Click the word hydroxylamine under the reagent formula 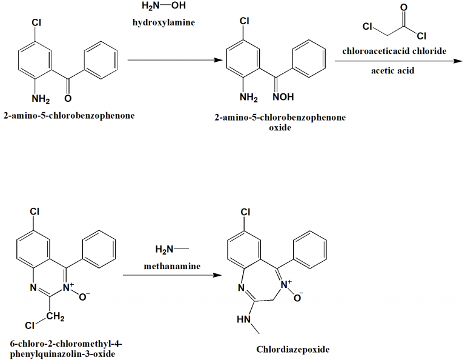(x=163, y=22)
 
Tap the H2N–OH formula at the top (x=163, y=5)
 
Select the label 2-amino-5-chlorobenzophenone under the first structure (x=69, y=116)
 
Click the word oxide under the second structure (x=280, y=128)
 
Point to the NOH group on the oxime (x=283, y=97)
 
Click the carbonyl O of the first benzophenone (x=68, y=98)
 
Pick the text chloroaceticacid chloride (x=394, y=51)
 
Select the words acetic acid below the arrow (x=392, y=71)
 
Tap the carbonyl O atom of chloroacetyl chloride (x=404, y=7)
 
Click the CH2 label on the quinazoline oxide (x=55, y=317)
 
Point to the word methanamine (x=172, y=266)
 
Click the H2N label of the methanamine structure (x=164, y=249)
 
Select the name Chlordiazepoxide (x=292, y=349)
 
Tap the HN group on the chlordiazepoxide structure (x=244, y=319)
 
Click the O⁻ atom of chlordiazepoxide (x=298, y=297)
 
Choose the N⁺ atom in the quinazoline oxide (x=68, y=287)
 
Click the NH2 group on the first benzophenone (x=41, y=98)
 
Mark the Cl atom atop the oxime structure (x=245, y=21)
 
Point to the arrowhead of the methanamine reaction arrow (x=217, y=275)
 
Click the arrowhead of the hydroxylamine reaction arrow (x=218, y=60)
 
